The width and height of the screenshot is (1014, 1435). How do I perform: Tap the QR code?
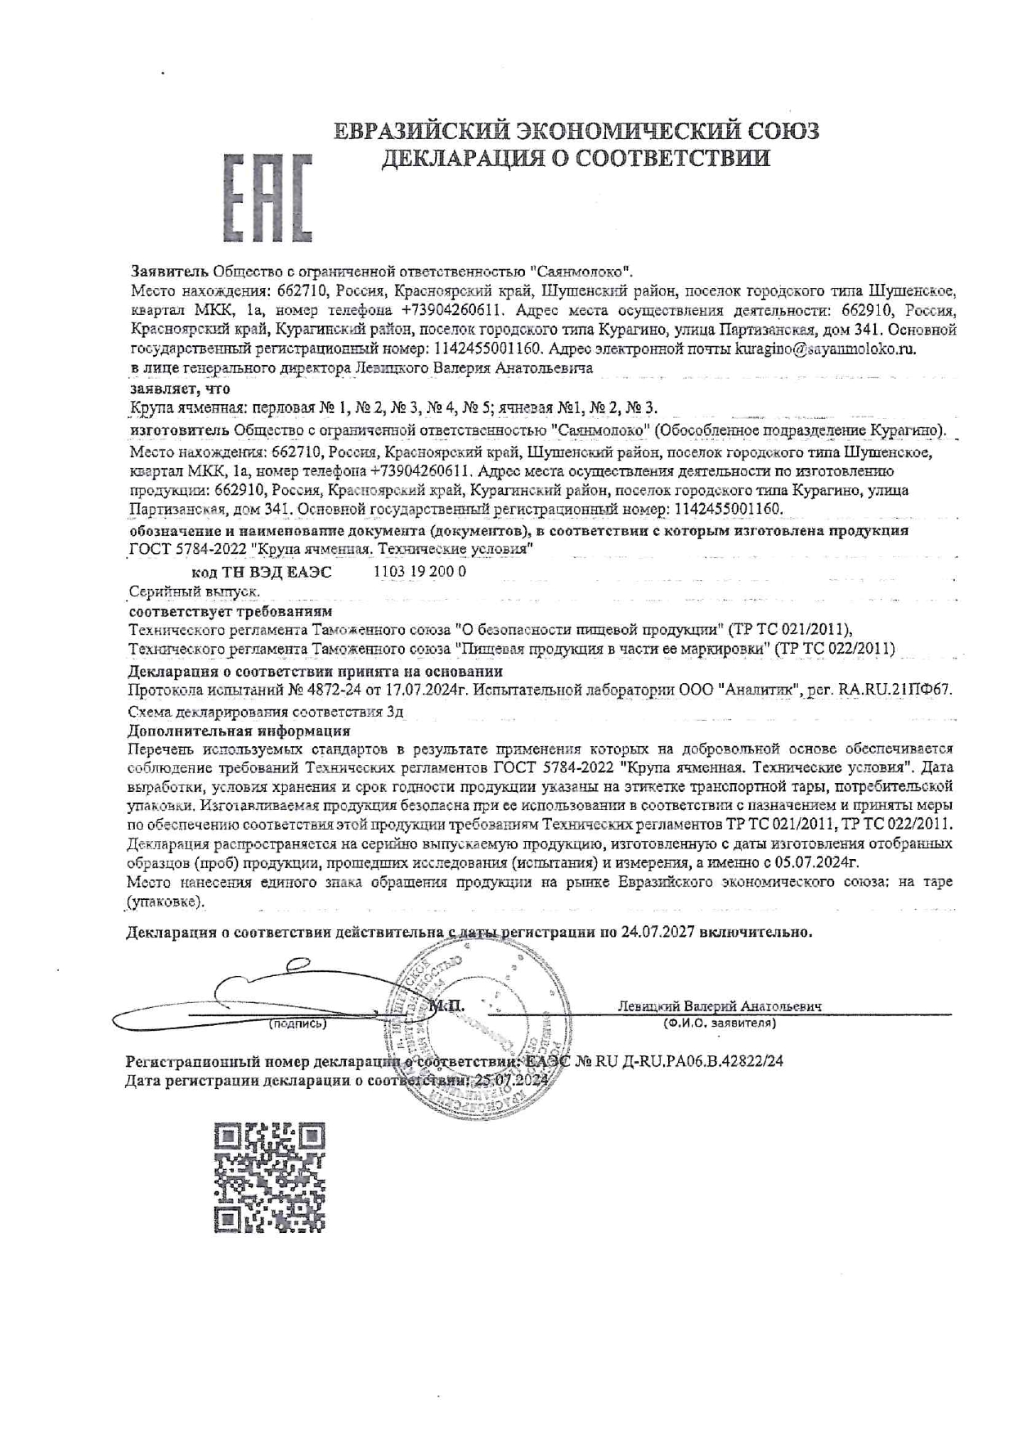(270, 1176)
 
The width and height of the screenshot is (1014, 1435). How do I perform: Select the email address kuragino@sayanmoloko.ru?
(825, 349)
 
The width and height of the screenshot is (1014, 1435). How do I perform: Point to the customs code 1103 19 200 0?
(419, 572)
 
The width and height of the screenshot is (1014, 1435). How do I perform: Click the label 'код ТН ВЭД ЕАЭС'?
(262, 572)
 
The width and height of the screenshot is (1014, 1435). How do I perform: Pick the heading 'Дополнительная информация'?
(240, 731)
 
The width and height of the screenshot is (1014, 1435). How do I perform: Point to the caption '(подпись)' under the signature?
(298, 1023)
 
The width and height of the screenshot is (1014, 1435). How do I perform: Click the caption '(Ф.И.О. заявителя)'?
(719, 1023)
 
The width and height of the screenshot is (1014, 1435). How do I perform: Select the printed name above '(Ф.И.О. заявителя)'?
(720, 1006)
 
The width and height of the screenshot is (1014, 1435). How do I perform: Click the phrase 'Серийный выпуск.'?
(195, 591)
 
